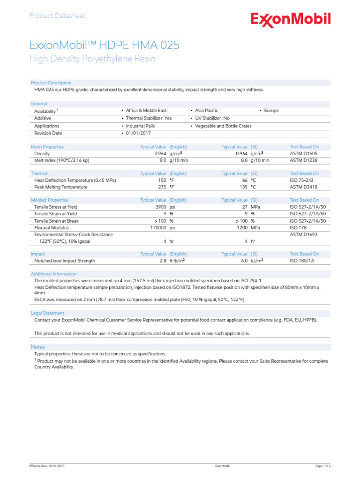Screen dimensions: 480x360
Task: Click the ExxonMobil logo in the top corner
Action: pos(291,20)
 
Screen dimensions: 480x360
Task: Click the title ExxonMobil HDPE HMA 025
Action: pos(104,45)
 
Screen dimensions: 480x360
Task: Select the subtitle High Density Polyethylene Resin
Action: pos(92,59)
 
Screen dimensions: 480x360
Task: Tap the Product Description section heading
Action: pos(51,83)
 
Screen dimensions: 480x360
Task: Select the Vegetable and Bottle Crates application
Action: pos(223,126)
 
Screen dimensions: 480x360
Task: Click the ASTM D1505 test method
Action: pos(304,153)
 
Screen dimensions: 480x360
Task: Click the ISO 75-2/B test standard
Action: pos(301,180)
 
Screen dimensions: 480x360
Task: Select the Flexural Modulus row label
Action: pos(52,228)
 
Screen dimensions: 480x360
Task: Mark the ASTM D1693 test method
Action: pos(304,234)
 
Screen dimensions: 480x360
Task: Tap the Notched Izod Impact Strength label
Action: pos(65,261)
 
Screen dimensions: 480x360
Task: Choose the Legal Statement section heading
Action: pos(48,313)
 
